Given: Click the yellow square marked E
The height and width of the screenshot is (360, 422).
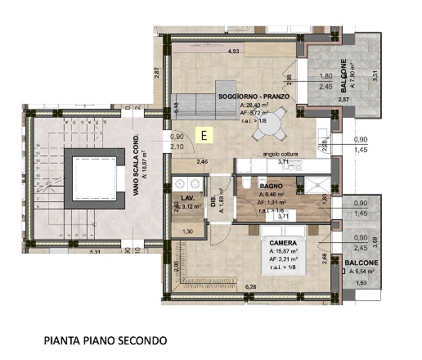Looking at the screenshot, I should click(x=205, y=136).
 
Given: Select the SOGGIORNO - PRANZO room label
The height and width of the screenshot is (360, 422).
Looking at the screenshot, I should click(x=250, y=97).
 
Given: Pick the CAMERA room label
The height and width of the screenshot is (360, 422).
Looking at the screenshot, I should click(x=276, y=243).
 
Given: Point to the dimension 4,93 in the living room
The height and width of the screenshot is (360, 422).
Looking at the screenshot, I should click(x=234, y=52).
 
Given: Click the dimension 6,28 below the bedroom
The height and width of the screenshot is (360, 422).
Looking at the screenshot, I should click(x=249, y=287).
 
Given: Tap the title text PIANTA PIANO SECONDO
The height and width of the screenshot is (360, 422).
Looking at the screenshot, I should click(x=106, y=339).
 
